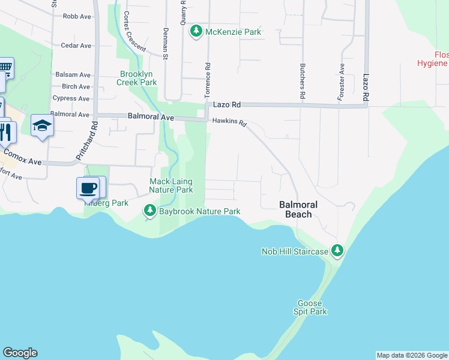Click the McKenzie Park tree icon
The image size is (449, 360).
196,31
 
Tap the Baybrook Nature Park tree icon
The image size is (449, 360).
149,211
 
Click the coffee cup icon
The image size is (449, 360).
88,188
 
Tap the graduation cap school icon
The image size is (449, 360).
42,125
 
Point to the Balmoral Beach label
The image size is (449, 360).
298,209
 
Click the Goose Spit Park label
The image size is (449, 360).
310,308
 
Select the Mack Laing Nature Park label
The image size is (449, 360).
171,185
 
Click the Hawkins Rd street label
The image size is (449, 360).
229,122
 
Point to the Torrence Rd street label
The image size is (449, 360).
208,82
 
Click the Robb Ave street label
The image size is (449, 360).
77,16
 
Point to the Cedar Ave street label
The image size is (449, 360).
76,46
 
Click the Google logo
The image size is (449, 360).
20,353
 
